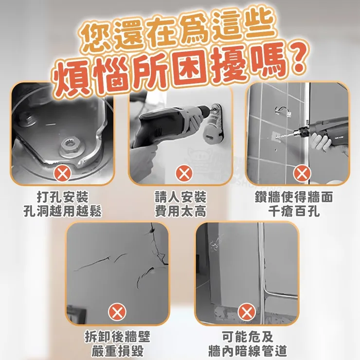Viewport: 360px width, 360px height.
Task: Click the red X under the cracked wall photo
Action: point(117,311)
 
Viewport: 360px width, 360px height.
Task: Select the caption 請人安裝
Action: point(180,197)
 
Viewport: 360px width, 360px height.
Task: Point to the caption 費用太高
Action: point(180,211)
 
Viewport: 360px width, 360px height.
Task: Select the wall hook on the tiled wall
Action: point(283,109)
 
